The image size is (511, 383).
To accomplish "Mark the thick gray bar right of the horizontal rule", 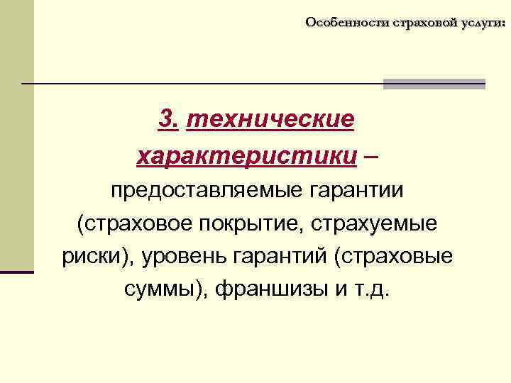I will click(x=434, y=84).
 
